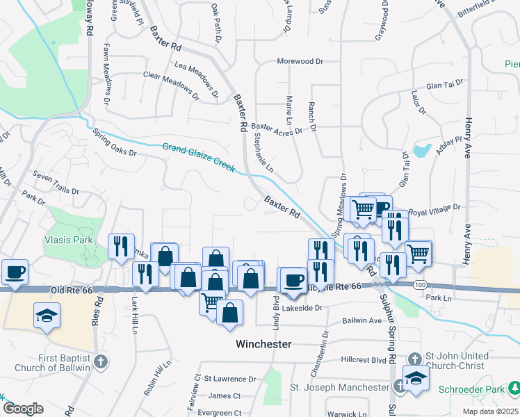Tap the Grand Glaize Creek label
(x=198, y=158)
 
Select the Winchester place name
(x=263, y=344)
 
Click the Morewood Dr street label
(x=300, y=61)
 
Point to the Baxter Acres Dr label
(x=277, y=129)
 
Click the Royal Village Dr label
(x=435, y=207)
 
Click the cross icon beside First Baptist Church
(x=101, y=361)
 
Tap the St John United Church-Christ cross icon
(x=414, y=359)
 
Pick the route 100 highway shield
(x=419, y=286)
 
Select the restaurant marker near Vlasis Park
(x=122, y=245)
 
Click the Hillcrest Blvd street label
(x=364, y=360)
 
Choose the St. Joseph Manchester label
(x=339, y=387)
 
